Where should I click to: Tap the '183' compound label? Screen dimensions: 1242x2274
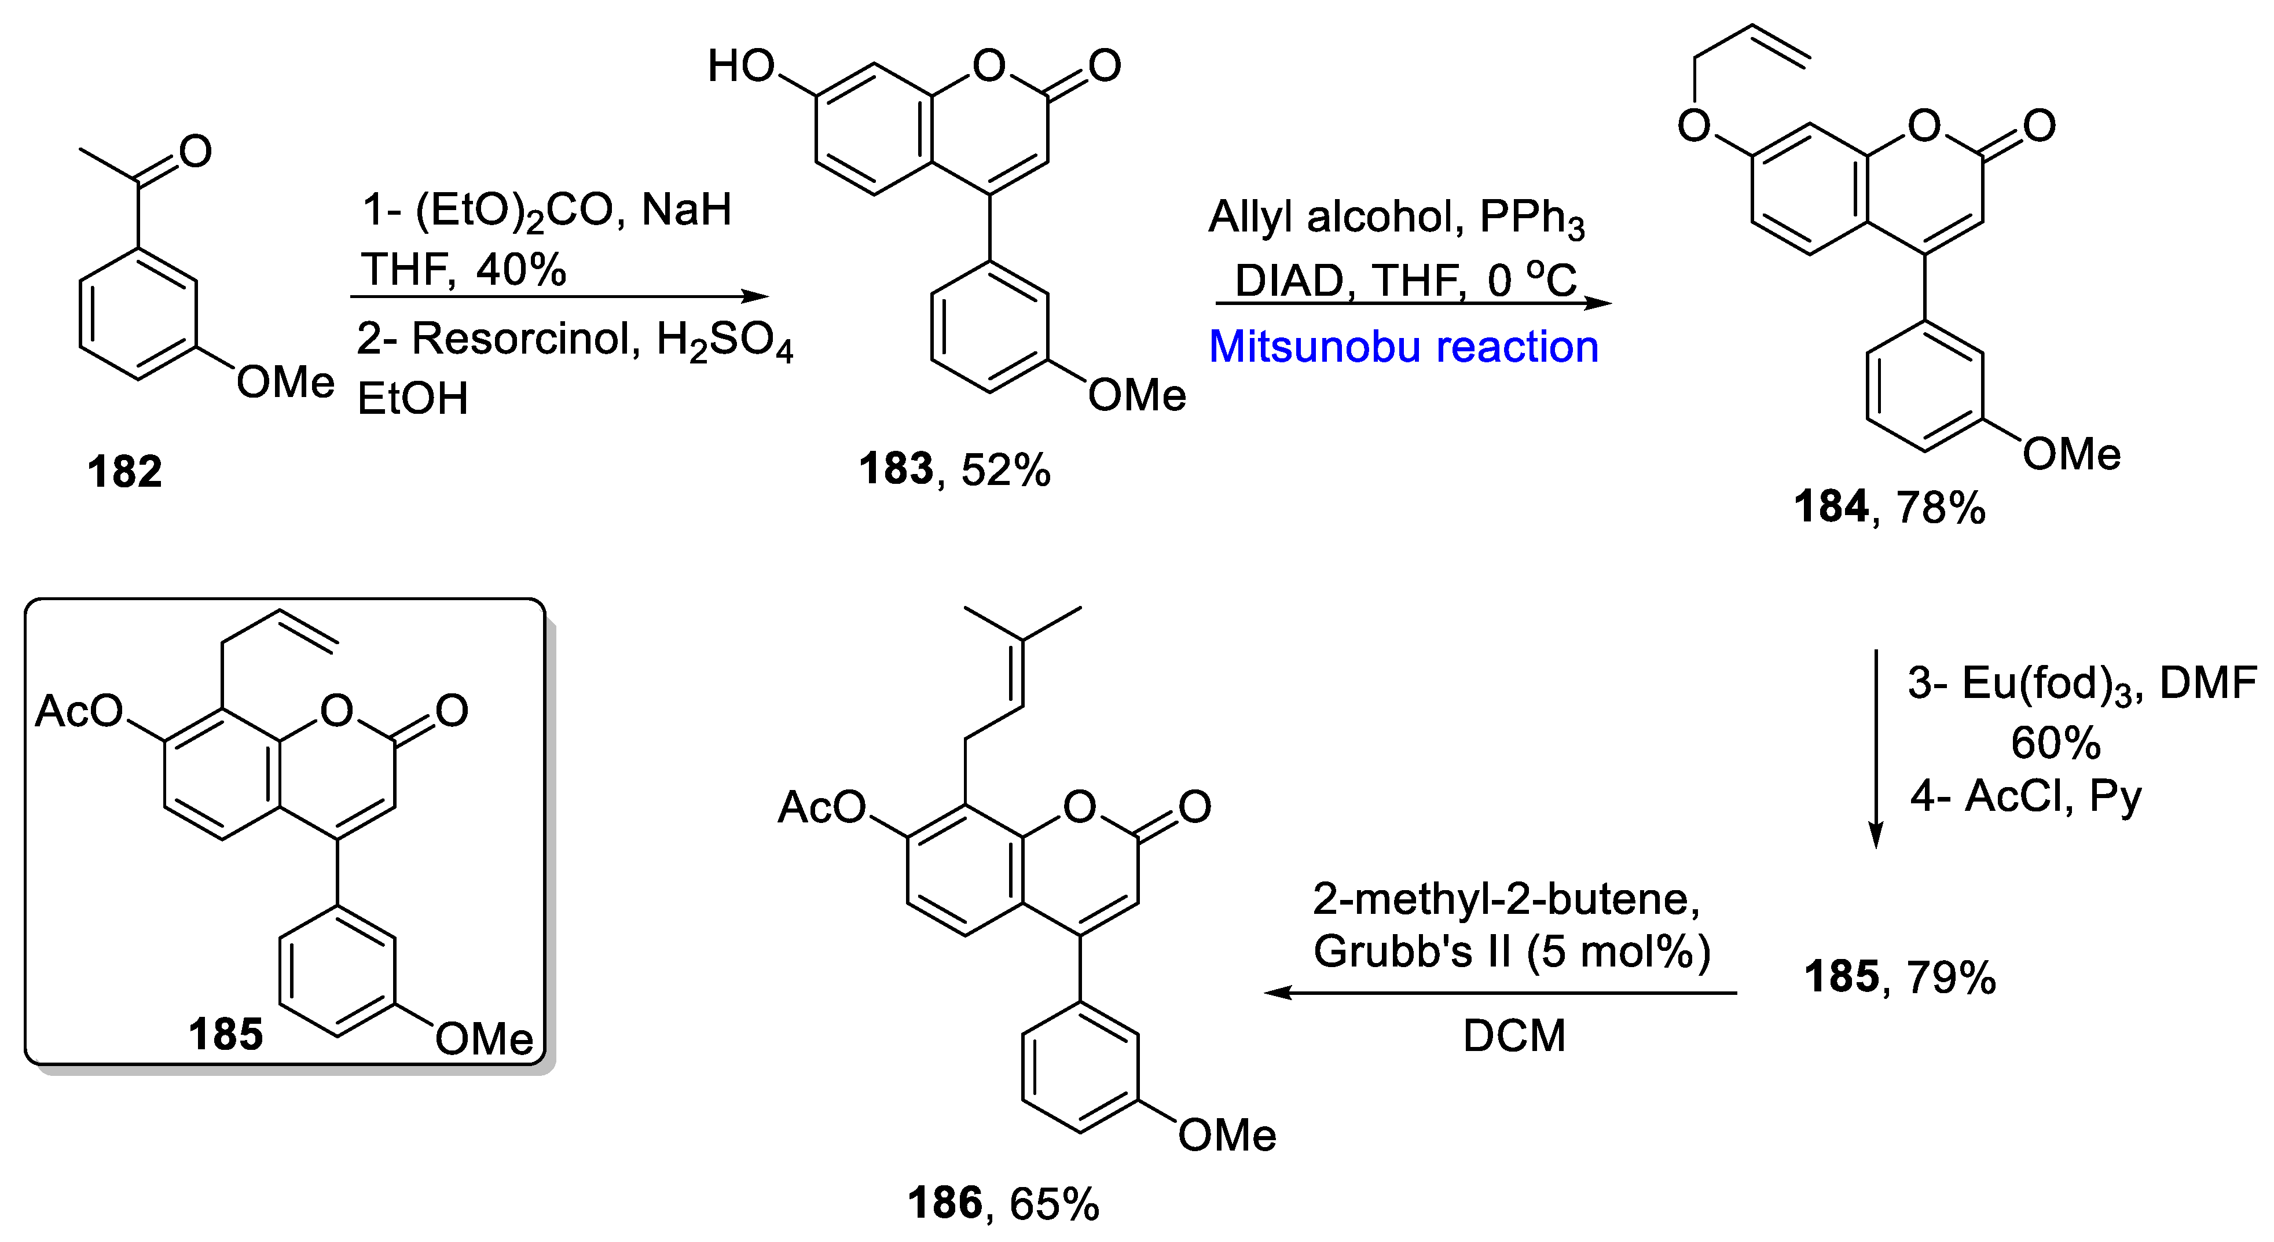pyautogui.click(x=895, y=469)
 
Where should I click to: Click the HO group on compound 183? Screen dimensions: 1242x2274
pyautogui.click(x=740, y=66)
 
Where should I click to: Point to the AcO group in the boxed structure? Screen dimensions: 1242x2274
pyautogui.click(x=79, y=711)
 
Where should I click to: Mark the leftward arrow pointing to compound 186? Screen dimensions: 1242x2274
pyautogui.click(x=1500, y=993)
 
